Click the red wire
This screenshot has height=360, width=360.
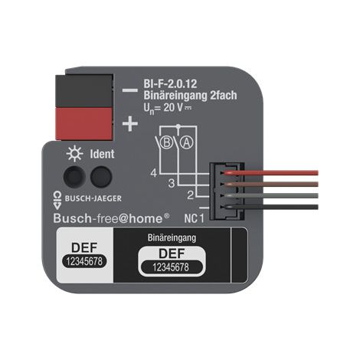[272, 172]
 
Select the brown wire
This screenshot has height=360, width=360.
[272, 184]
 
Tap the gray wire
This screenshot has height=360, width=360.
[272, 195]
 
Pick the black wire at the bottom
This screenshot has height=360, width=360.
[272, 207]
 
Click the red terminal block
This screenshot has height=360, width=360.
[84, 123]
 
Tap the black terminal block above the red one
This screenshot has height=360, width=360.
[84, 90]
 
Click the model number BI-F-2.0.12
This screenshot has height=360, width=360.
[170, 83]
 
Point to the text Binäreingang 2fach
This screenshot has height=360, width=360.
[190, 95]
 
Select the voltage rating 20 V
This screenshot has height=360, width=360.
[173, 107]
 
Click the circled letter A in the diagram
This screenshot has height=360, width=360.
[187, 142]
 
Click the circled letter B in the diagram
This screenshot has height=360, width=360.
[167, 142]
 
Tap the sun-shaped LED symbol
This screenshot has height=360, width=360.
[74, 154]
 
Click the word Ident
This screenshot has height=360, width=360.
[102, 154]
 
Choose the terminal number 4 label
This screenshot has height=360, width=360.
[153, 173]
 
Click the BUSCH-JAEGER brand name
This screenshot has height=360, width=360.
[93, 198]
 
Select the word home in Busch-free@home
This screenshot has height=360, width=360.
[146, 219]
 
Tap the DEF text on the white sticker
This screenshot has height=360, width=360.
[84, 247]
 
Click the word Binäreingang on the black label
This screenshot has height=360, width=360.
[172, 237]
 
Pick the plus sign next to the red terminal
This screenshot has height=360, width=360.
[130, 123]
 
